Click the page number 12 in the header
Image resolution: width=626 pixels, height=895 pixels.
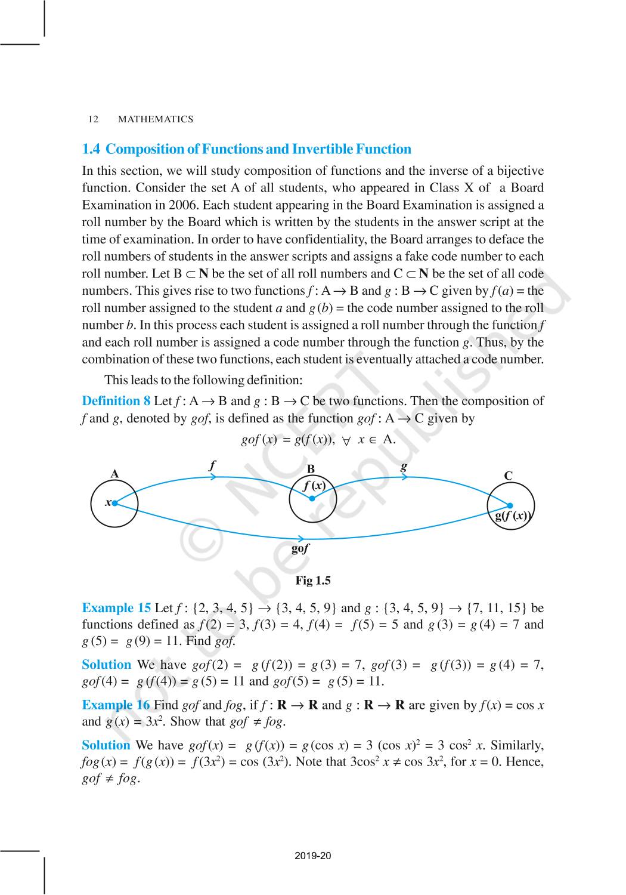[x=93, y=119]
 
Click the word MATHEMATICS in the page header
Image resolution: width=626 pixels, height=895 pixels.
[x=156, y=119]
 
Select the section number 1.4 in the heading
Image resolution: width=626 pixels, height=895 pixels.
[x=91, y=149]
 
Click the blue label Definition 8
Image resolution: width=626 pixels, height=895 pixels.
[x=116, y=401]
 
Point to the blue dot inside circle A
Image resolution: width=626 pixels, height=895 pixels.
[x=114, y=503]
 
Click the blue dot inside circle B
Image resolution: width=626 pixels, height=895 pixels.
[x=312, y=498]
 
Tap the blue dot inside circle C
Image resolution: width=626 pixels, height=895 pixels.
[x=510, y=505]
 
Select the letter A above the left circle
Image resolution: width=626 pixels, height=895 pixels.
[x=114, y=474]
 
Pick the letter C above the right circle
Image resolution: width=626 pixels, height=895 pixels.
[x=508, y=476]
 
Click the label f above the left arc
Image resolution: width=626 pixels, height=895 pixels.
[x=212, y=465]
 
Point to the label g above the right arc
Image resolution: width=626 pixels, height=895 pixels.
[x=404, y=465]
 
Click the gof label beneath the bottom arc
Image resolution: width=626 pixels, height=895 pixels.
[x=300, y=548]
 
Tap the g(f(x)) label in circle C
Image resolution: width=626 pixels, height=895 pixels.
[x=513, y=516]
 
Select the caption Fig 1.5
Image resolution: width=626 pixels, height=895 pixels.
[x=312, y=581]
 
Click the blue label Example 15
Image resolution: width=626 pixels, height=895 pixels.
[x=116, y=608]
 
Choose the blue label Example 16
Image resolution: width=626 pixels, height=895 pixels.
[x=116, y=705]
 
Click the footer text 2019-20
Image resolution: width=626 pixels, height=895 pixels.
[x=312, y=856]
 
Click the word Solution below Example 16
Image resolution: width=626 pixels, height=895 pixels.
[x=106, y=745]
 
